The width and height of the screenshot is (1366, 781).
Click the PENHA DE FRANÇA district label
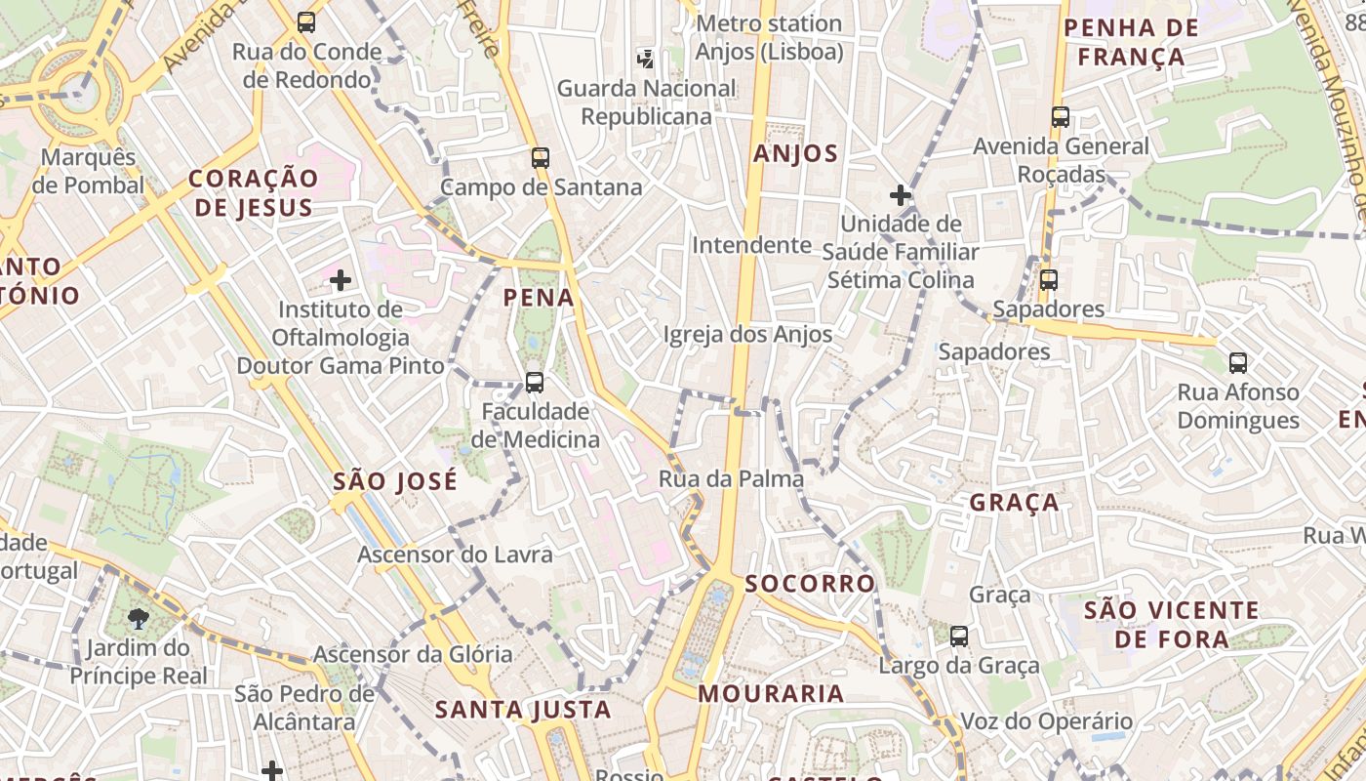click(x=1131, y=42)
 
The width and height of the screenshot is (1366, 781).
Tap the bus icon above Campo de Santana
click(x=541, y=157)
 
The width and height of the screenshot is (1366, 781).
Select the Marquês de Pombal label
click(x=88, y=171)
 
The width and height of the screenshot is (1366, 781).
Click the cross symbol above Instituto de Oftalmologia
click(x=340, y=281)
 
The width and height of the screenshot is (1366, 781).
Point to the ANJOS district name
click(x=795, y=153)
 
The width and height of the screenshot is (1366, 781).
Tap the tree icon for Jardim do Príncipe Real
click(x=139, y=618)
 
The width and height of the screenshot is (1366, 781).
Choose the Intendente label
click(x=751, y=245)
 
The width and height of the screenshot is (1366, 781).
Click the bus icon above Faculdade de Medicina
click(x=535, y=382)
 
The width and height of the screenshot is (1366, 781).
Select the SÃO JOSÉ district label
click(x=394, y=481)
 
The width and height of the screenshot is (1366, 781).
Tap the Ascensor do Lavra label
click(x=455, y=555)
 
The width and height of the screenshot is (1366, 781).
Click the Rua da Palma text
click(x=731, y=478)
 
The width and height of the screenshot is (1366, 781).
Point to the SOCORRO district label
click(x=810, y=584)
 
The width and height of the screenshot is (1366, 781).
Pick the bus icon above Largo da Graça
click(x=959, y=637)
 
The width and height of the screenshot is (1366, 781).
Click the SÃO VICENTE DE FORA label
click(x=1172, y=625)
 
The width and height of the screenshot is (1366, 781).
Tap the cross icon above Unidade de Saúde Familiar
click(x=900, y=195)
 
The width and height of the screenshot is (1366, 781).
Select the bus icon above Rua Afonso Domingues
click(x=1238, y=363)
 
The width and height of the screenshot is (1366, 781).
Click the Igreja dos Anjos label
click(x=747, y=335)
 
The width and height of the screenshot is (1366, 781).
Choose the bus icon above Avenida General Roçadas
click(x=1061, y=117)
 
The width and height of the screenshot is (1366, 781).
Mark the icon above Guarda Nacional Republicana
click(x=646, y=59)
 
